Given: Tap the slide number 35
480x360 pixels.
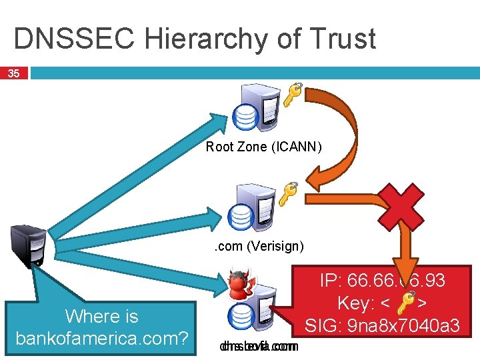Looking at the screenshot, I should tap(13, 73).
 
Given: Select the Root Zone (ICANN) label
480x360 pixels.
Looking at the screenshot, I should tap(264, 147).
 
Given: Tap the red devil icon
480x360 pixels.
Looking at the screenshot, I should tap(239, 284).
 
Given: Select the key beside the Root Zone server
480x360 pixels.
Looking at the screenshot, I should tap(293, 94).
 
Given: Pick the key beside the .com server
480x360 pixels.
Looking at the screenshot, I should tap(287, 193).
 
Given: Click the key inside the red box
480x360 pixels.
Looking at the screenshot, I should tap(404, 304).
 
